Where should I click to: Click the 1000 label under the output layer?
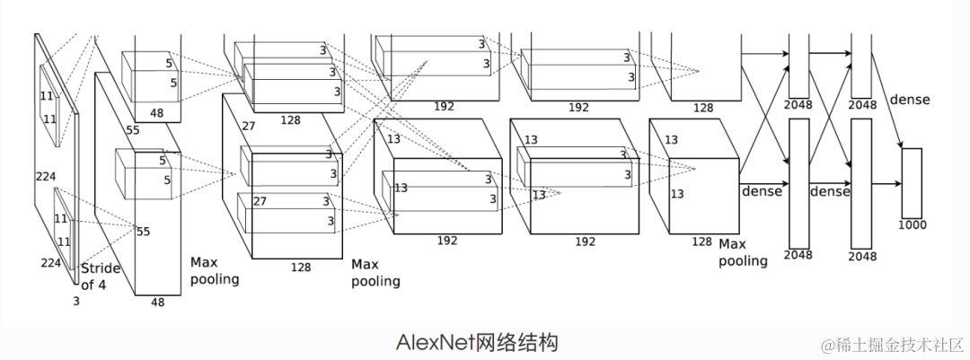click(912, 224)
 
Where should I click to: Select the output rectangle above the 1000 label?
click(912, 182)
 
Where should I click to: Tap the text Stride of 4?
click(100, 277)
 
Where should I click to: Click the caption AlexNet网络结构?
click(476, 342)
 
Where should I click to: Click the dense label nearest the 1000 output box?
click(910, 100)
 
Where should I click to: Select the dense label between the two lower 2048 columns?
click(830, 191)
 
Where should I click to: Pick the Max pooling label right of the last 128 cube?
click(743, 252)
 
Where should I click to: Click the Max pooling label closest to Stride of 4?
click(215, 270)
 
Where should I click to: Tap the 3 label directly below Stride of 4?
click(76, 302)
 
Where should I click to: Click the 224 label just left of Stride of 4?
click(49, 262)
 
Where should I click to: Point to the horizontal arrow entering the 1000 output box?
click(885, 183)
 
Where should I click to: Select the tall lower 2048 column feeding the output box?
click(861, 183)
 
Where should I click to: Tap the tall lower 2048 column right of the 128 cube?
click(798, 183)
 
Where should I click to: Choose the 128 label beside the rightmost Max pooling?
click(701, 241)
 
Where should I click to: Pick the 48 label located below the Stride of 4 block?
click(157, 303)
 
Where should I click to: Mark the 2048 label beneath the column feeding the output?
click(861, 256)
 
